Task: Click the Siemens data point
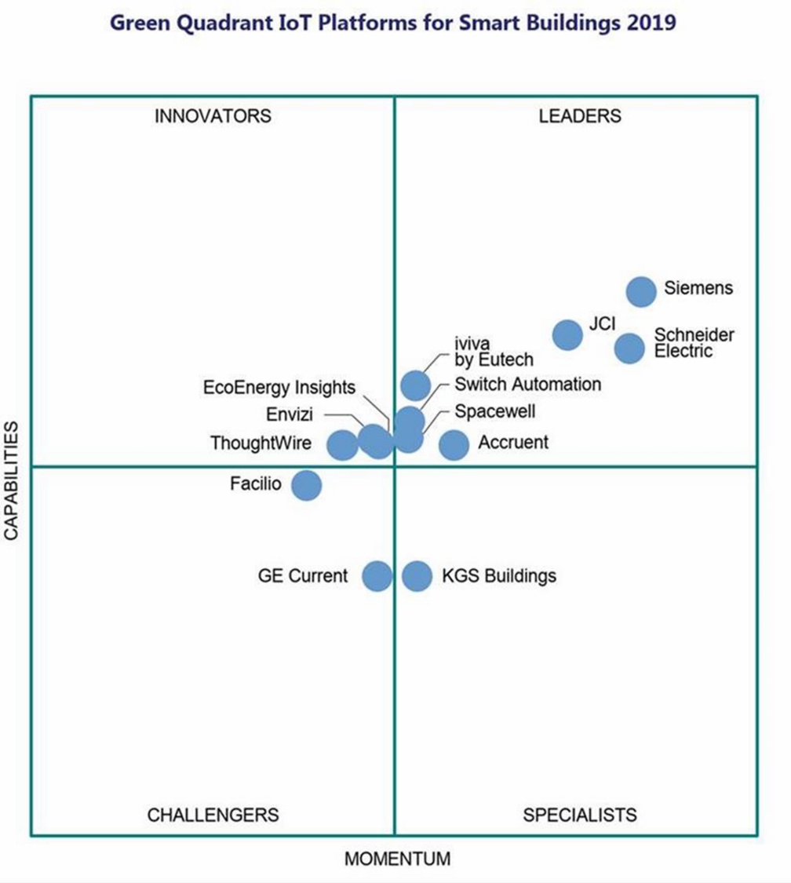pos(641,291)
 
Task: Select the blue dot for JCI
pos(567,334)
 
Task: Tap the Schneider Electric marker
pos(629,348)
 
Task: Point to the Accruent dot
pos(454,445)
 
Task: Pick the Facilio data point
pos(307,485)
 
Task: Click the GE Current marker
pos(377,576)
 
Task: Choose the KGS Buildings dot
pos(417,576)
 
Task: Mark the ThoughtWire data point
pos(341,445)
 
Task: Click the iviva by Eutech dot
pos(415,385)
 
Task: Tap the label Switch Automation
pos(527,385)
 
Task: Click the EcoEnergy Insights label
pos(279,387)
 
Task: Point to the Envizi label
pos(290,414)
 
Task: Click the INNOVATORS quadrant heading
pos(213,116)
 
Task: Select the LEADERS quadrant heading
pos(580,116)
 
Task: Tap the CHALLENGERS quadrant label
pos(213,815)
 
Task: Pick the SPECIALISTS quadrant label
pos(580,815)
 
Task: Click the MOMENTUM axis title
pos(398,858)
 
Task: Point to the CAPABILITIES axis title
pos(12,480)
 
